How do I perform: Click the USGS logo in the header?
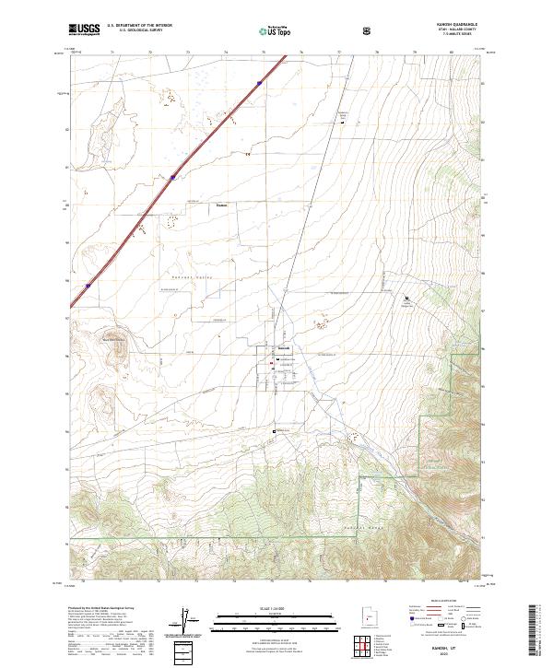(84, 30)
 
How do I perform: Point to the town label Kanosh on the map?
(285, 347)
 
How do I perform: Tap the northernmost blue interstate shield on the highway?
(261, 84)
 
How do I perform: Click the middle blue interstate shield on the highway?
(172, 178)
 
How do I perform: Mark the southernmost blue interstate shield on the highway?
(88, 286)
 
